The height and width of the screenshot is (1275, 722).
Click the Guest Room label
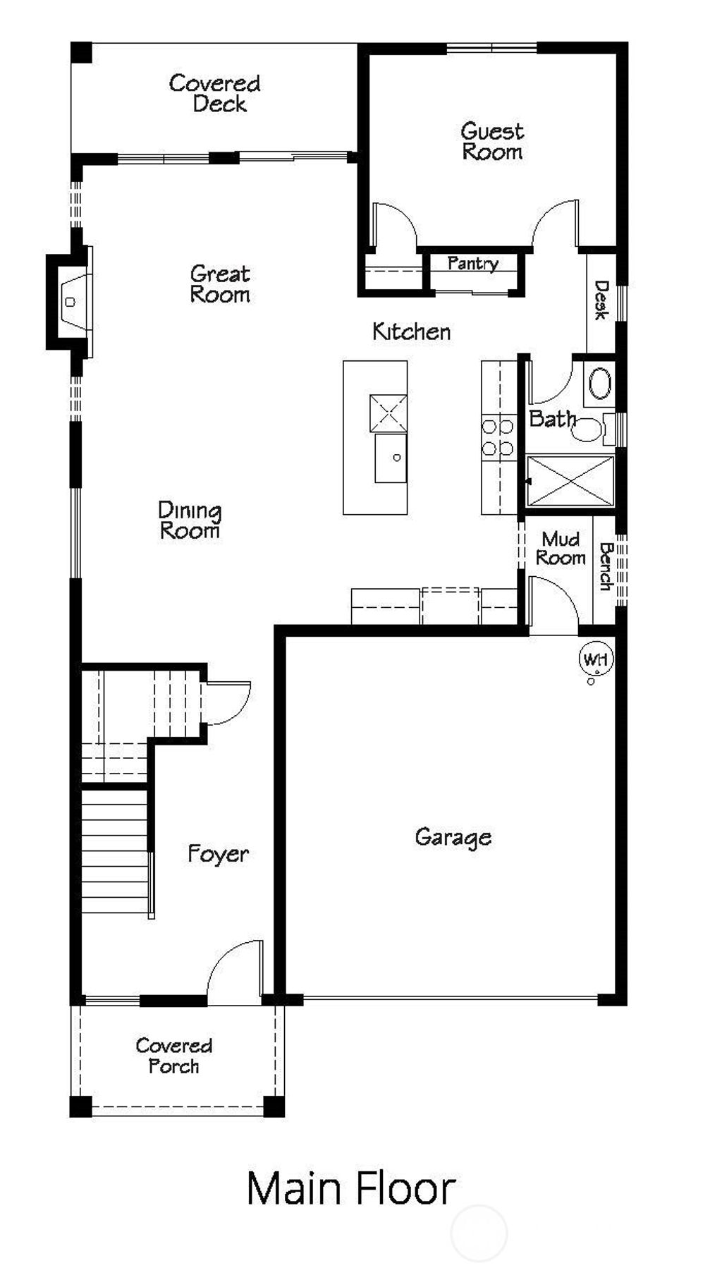[492, 141]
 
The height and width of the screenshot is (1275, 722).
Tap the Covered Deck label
[216, 93]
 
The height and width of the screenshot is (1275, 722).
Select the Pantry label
[473, 263]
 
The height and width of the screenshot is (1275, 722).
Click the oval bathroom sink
[600, 384]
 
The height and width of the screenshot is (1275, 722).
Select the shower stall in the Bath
[570, 481]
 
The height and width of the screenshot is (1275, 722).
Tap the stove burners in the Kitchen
[497, 437]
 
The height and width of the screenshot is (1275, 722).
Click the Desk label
[601, 300]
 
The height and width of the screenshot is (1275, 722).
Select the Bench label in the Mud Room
[605, 566]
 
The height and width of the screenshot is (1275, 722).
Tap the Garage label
[453, 837]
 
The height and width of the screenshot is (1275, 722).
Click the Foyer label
[218, 854]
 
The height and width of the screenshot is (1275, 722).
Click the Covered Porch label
[174, 1056]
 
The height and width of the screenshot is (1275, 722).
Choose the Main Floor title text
[350, 1188]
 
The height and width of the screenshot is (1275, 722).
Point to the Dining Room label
[189, 520]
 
